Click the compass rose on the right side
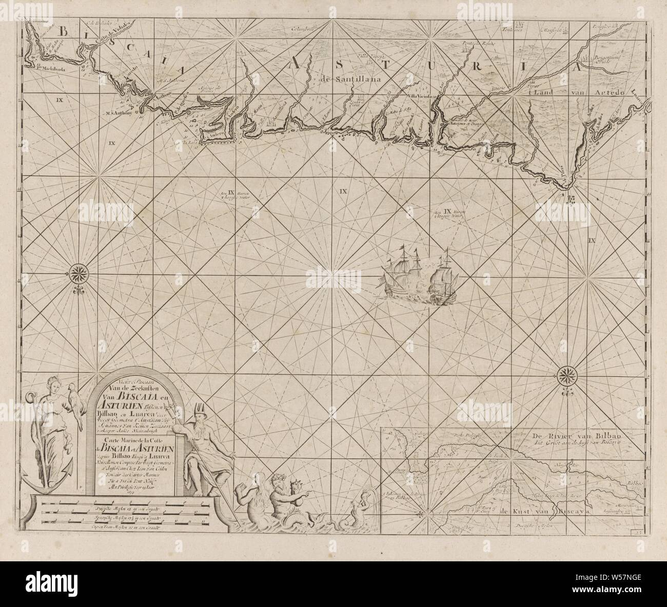[x=566, y=373]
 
